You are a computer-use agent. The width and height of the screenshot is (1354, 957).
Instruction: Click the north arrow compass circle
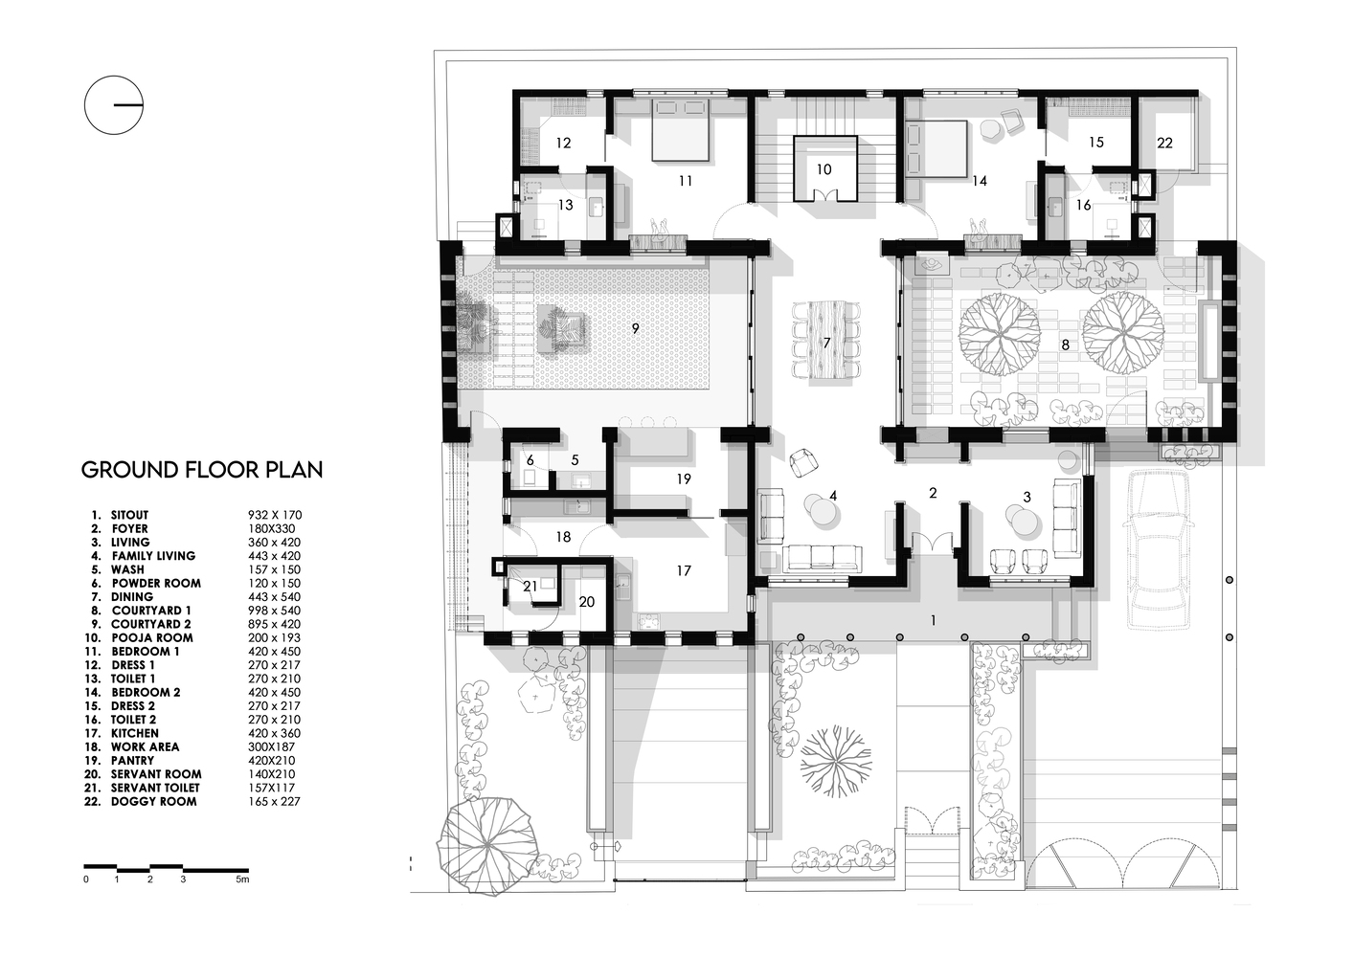[x=114, y=103]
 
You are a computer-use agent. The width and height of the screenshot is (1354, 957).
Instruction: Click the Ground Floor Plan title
[x=201, y=470]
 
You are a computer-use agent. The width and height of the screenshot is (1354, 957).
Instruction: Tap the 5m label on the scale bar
[x=242, y=879]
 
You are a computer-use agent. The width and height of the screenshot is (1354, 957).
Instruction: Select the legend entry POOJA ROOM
[x=151, y=637]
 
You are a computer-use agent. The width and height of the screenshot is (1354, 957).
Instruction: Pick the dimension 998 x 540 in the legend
[x=274, y=611]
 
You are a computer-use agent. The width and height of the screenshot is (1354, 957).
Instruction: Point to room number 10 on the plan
[x=824, y=169]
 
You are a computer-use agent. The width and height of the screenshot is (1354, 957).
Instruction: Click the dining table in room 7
[x=825, y=341]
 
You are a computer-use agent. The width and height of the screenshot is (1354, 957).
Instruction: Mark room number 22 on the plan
[x=1164, y=143]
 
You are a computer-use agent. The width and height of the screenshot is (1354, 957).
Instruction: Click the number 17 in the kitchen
[x=683, y=571]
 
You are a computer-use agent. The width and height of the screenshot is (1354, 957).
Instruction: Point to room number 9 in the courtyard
[x=634, y=328]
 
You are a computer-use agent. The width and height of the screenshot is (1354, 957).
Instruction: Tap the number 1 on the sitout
[x=933, y=620]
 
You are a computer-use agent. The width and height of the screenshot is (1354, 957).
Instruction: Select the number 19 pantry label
[x=683, y=478]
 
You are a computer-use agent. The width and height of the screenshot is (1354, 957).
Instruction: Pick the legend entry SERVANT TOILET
[x=155, y=788]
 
